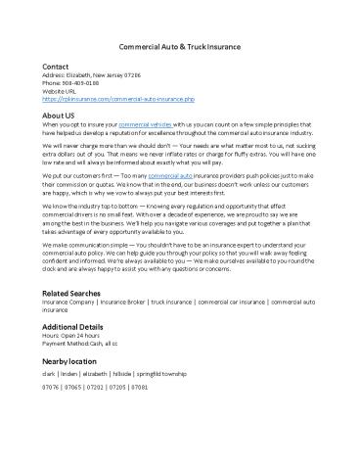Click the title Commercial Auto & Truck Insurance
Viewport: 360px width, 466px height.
coord(180,48)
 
